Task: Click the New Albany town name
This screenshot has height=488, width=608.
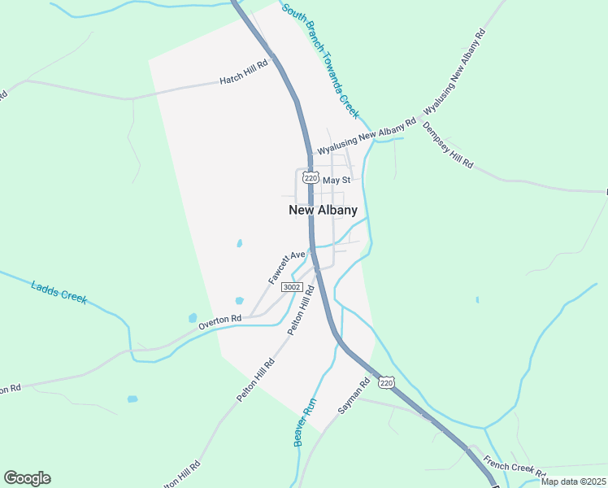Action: click(323, 210)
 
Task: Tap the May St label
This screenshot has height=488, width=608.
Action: click(336, 180)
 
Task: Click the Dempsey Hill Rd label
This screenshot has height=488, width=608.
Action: click(447, 145)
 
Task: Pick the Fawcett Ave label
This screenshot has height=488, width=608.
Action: click(286, 267)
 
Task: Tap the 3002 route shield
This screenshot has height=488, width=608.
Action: click(292, 287)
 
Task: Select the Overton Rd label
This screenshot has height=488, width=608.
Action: click(220, 323)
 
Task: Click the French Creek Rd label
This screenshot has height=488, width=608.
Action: click(514, 468)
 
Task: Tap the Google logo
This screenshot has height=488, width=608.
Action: click(27, 478)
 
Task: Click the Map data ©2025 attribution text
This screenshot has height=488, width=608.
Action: click(573, 481)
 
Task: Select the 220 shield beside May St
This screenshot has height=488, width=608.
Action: click(308, 176)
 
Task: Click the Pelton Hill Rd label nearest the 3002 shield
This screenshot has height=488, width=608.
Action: click(300, 316)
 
